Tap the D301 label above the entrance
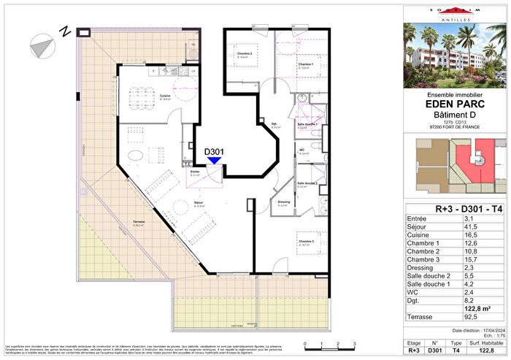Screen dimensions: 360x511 pos(214,152)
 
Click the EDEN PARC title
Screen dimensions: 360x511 pos(456,104)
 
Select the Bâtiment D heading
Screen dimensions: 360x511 pos(456,115)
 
